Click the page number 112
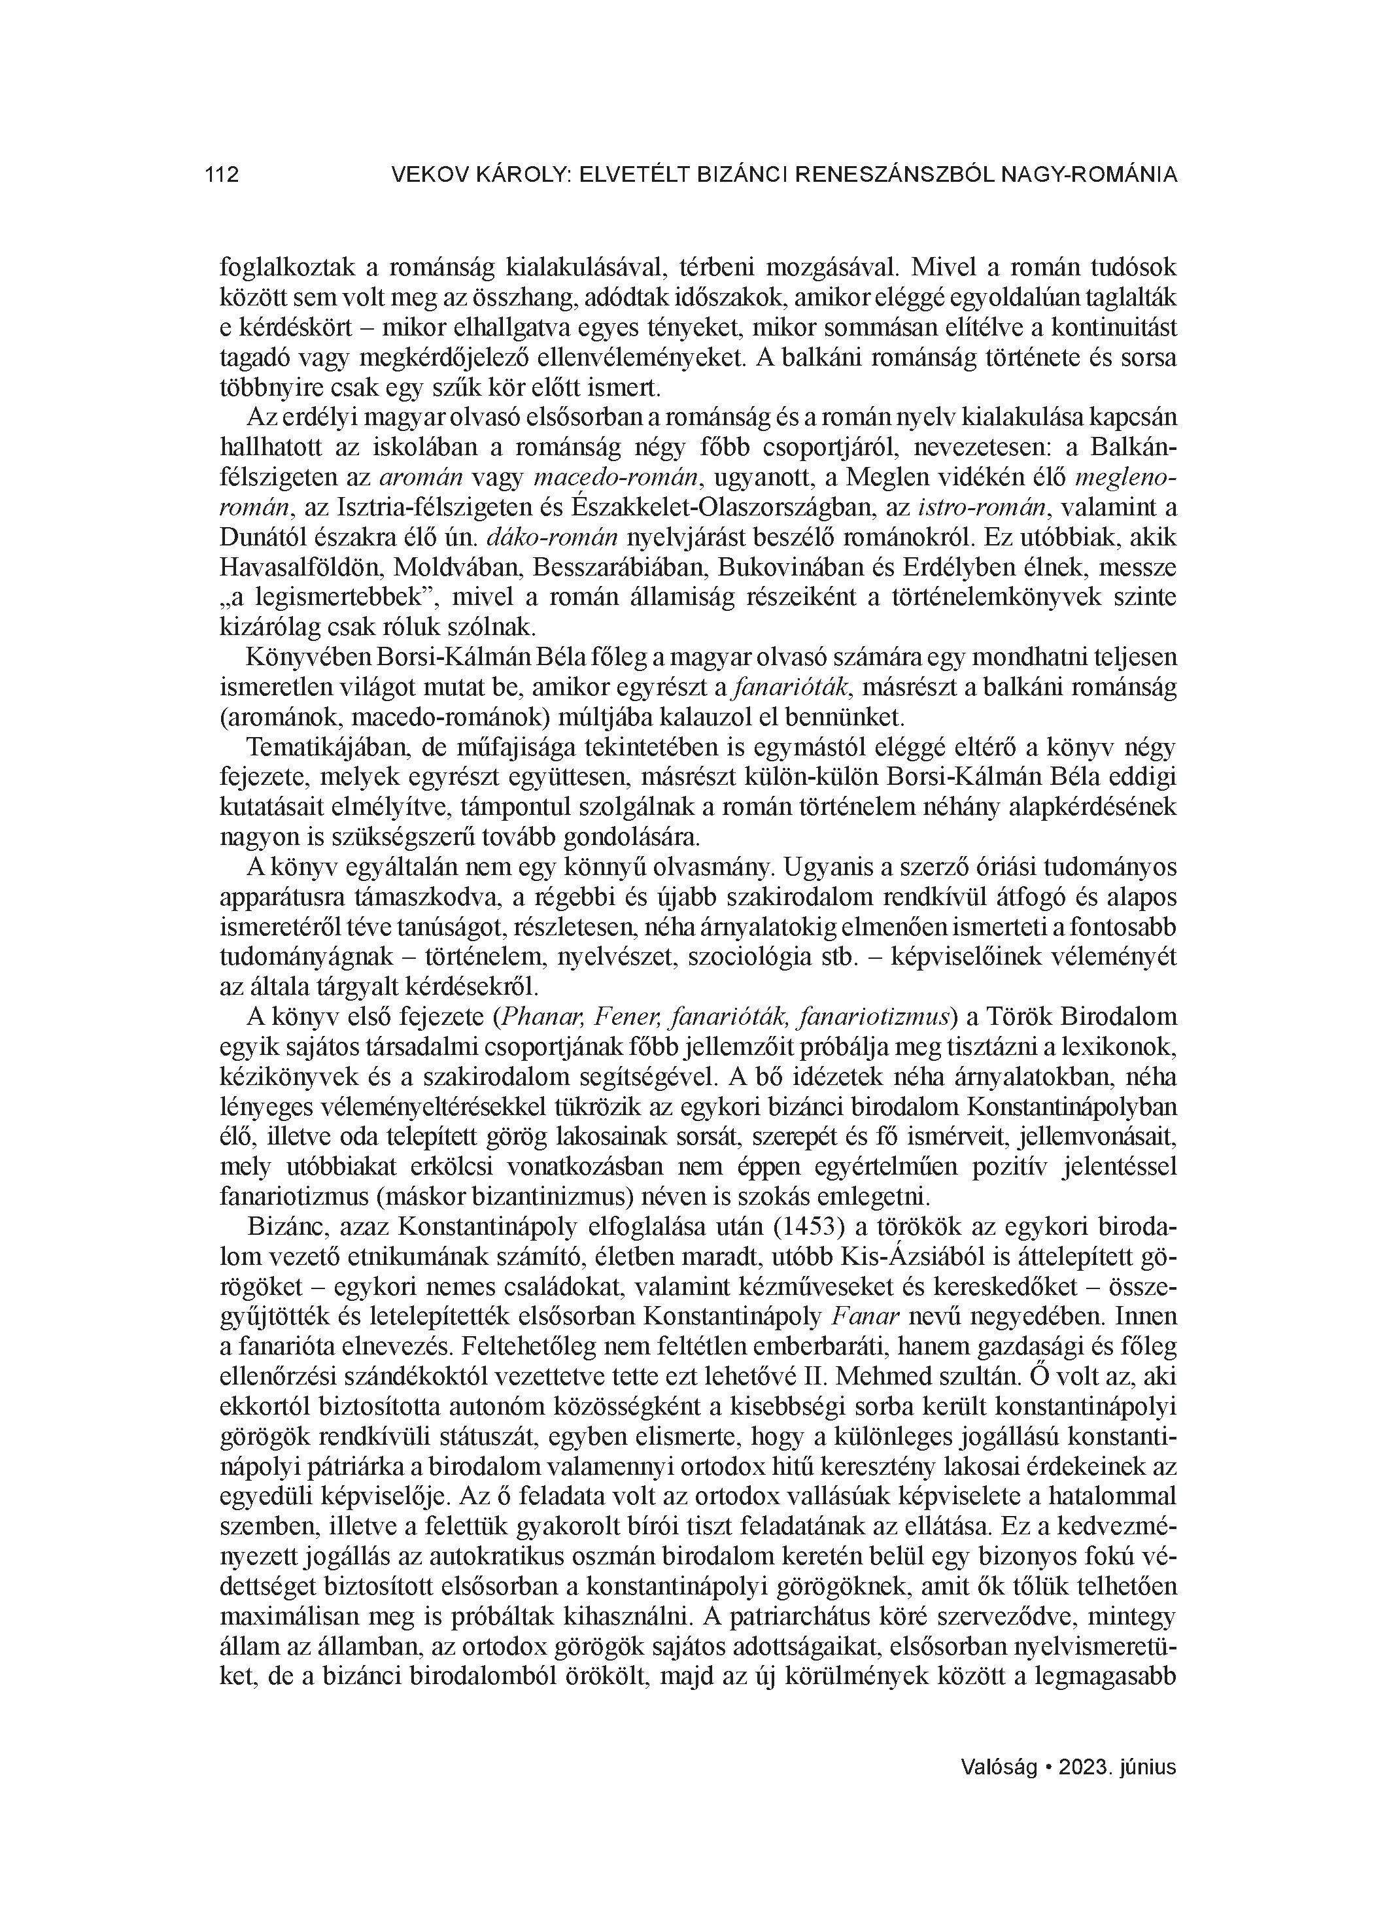[x=222, y=175]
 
